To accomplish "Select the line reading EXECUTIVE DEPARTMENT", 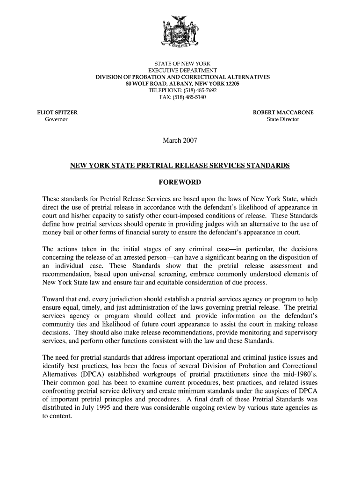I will click(180, 70).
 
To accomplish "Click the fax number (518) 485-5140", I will click(187, 97).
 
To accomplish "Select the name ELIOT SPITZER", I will click(58, 113).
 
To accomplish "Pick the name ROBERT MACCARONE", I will click(283, 113).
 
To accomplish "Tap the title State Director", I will click(283, 120).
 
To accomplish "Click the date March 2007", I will click(180, 140).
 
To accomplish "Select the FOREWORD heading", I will click(180, 182).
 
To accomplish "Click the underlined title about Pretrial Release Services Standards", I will click(180, 166).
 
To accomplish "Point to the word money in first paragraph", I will click(52, 232).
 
